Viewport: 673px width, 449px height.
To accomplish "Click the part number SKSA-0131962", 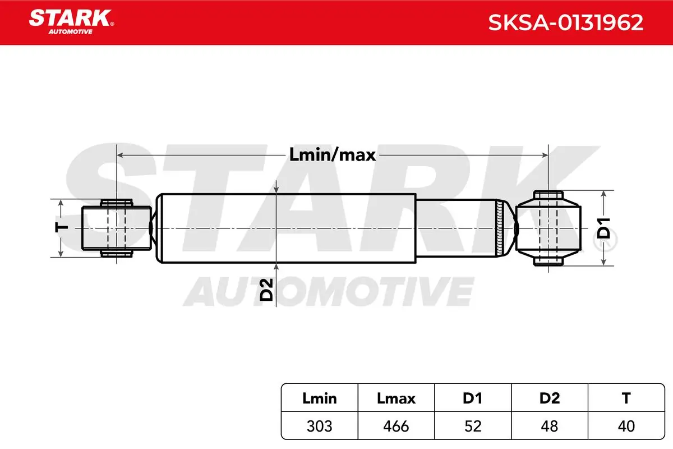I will point(565,22).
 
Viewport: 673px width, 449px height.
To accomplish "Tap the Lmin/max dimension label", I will point(333,155).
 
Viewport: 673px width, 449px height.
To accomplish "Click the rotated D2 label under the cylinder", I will point(266,290).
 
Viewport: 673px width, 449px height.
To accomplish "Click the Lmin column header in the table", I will point(319,398).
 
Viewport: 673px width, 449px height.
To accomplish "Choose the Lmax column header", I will point(396,398).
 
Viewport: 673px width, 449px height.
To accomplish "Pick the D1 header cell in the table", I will point(473,398).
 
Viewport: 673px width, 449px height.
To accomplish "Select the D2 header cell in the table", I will point(550,398).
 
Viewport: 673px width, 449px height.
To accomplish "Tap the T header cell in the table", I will point(626,398).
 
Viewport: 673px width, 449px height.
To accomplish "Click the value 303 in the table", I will point(319,426).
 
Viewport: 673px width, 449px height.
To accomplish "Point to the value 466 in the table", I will point(396,426).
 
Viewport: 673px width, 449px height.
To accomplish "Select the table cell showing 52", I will point(473,426).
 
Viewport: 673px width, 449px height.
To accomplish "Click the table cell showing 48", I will point(550,426).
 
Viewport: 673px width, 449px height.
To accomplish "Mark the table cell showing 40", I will point(626,426).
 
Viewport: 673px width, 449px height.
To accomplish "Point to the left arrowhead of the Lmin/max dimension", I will point(119,155).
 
